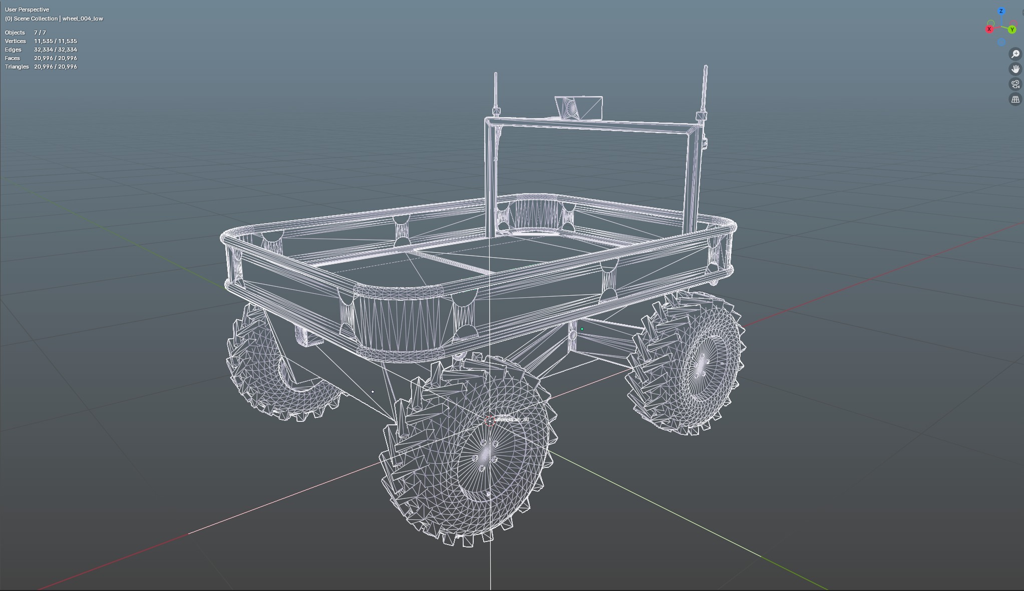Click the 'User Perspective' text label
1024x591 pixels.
(27, 10)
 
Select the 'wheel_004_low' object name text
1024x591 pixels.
(83, 19)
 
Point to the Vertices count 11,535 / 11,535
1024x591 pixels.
(56, 41)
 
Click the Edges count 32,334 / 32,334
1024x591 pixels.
(56, 50)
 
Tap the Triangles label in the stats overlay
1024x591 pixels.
(17, 67)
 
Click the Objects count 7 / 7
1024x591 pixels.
(40, 33)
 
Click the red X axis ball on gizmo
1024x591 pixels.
(989, 30)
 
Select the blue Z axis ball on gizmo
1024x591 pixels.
(1001, 11)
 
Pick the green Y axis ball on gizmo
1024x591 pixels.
(1012, 30)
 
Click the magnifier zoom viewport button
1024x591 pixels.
(1015, 54)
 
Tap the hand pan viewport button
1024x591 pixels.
(1015, 69)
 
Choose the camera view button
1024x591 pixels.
(1015, 84)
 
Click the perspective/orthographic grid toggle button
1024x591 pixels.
(1015, 99)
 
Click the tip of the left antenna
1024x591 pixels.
(496, 74)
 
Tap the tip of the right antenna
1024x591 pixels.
(706, 66)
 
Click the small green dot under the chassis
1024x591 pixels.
(582, 329)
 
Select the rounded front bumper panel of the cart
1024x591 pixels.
(399, 320)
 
